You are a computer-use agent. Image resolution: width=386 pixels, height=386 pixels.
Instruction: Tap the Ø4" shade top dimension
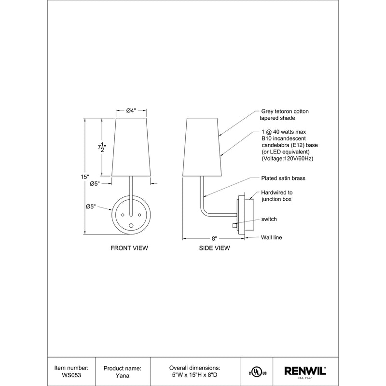pyautogui.click(x=131, y=111)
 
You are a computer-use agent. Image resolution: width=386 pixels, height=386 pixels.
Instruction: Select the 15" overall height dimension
pyautogui.click(x=85, y=177)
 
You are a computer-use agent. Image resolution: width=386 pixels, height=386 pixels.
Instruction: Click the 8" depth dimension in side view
pyautogui.click(x=215, y=238)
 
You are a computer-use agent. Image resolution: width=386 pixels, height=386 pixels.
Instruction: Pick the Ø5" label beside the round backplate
pyautogui.click(x=91, y=207)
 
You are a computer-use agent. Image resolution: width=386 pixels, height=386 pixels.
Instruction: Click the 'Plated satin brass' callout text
pyautogui.click(x=283, y=178)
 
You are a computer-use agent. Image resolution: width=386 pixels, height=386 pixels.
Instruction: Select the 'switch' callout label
pyautogui.click(x=269, y=219)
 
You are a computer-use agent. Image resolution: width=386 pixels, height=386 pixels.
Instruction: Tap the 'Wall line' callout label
pyautogui.click(x=272, y=237)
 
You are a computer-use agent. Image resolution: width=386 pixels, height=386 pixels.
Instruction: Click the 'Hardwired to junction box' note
pyautogui.click(x=276, y=195)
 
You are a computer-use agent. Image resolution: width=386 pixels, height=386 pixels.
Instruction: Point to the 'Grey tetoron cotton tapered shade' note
pyautogui.click(x=285, y=114)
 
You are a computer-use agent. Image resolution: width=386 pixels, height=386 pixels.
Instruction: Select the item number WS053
pyautogui.click(x=72, y=375)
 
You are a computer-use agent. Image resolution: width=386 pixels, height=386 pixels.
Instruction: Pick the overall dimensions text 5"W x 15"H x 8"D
pyautogui.click(x=195, y=375)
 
